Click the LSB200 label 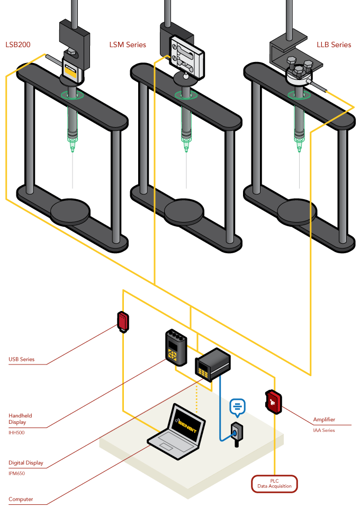pyautogui.click(x=18, y=45)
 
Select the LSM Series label pyautogui.click(x=128, y=45)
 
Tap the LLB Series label pyautogui.click(x=334, y=45)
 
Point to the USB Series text pyautogui.click(x=22, y=359)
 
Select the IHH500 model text pyautogui.click(x=16, y=433)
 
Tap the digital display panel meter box pyautogui.click(x=213, y=365)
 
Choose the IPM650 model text pyautogui.click(x=17, y=474)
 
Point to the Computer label pyautogui.click(x=21, y=499)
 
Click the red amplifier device pyautogui.click(x=273, y=402)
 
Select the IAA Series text pyautogui.click(x=324, y=430)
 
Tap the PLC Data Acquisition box pyautogui.click(x=274, y=484)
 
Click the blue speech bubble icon pyautogui.click(x=238, y=407)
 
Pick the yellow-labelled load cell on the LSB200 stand pyautogui.click(x=71, y=68)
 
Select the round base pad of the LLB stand pyautogui.click(x=298, y=211)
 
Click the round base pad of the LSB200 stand pyautogui.click(x=71, y=211)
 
